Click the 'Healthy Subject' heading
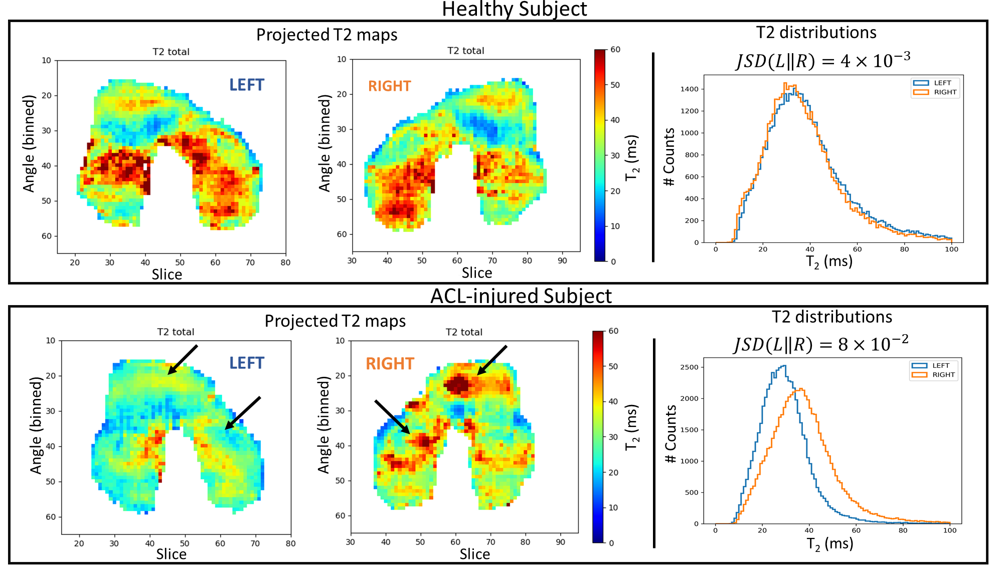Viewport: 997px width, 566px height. pyautogui.click(x=514, y=9)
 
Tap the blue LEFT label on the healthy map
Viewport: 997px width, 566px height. pyautogui.click(x=247, y=85)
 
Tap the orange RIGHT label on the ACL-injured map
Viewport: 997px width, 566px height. pyautogui.click(x=390, y=363)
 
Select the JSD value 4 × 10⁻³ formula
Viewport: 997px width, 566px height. pyautogui.click(x=822, y=61)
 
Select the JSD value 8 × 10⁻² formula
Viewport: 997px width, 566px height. pyautogui.click(x=821, y=344)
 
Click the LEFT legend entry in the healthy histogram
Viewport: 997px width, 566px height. pyautogui.click(x=942, y=83)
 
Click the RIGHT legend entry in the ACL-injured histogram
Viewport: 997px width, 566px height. pyautogui.click(x=943, y=375)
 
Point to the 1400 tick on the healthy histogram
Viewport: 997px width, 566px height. pyautogui.click(x=689, y=89)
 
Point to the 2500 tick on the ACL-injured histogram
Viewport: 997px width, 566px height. pyautogui.click(x=689, y=367)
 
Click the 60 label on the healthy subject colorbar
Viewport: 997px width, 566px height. pyautogui.click(x=615, y=50)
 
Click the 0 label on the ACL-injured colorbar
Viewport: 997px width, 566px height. pyautogui.click(x=611, y=543)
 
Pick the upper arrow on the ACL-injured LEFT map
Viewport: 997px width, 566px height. pyautogui.click(x=183, y=359)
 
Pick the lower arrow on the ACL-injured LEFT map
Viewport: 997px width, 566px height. pyautogui.click(x=243, y=413)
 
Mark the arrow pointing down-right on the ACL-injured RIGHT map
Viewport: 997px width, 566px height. pyautogui.click(x=392, y=416)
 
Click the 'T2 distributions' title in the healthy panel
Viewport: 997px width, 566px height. pyautogui.click(x=816, y=33)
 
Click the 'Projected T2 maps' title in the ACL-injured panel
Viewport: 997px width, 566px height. pyautogui.click(x=335, y=321)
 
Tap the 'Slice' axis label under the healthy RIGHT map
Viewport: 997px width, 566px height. pyautogui.click(x=476, y=273)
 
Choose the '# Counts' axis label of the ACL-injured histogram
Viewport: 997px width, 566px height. pyautogui.click(x=670, y=434)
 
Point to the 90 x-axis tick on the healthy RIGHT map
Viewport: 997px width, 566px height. pyautogui.click(x=562, y=260)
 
